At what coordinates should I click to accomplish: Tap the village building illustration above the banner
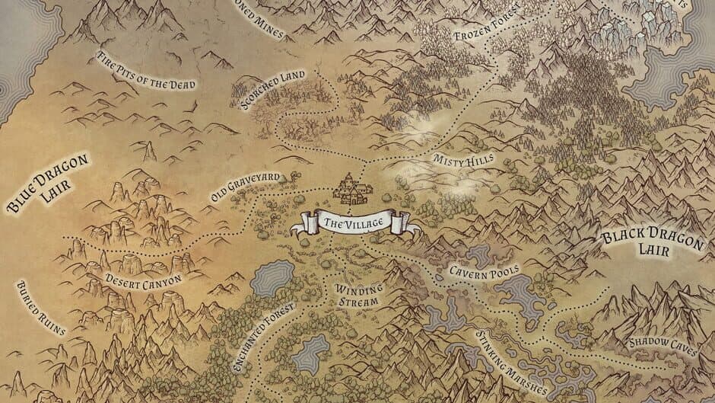(349, 189)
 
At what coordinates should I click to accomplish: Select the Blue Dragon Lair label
(48, 181)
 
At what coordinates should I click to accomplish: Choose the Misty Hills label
(463, 159)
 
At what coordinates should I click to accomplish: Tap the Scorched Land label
(272, 90)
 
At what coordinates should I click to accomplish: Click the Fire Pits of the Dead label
(146, 71)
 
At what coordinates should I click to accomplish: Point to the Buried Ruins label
(40, 308)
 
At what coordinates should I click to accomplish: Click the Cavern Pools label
(483, 270)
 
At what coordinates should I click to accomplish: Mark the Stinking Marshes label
(509, 363)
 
